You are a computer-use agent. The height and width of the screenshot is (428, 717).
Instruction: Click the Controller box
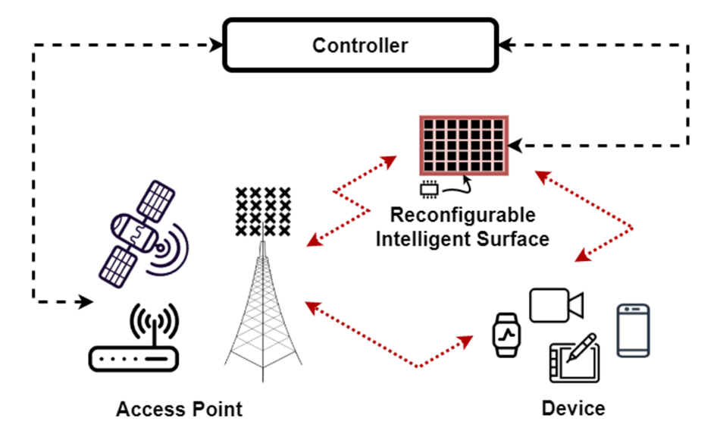point(360,46)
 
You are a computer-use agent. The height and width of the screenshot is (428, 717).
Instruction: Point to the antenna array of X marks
point(262,211)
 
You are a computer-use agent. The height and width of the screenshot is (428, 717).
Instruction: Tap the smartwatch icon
point(507,334)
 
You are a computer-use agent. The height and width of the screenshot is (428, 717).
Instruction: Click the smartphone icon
point(633,330)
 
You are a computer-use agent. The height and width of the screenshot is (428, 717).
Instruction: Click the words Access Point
point(179,410)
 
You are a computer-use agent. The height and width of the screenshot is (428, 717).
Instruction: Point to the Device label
point(573,408)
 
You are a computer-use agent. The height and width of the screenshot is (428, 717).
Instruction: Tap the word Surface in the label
point(513,240)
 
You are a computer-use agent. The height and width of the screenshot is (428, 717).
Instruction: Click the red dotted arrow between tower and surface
point(351,202)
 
